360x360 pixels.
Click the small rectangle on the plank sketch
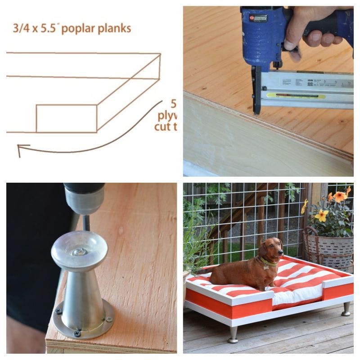click(x=66, y=118)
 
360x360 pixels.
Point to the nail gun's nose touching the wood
click(x=256, y=110)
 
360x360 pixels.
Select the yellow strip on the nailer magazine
click(x=295, y=95)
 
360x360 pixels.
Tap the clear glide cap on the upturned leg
click(x=79, y=250)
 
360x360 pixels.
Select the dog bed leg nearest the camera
click(x=233, y=334)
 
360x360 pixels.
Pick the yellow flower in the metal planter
click(x=321, y=215)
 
